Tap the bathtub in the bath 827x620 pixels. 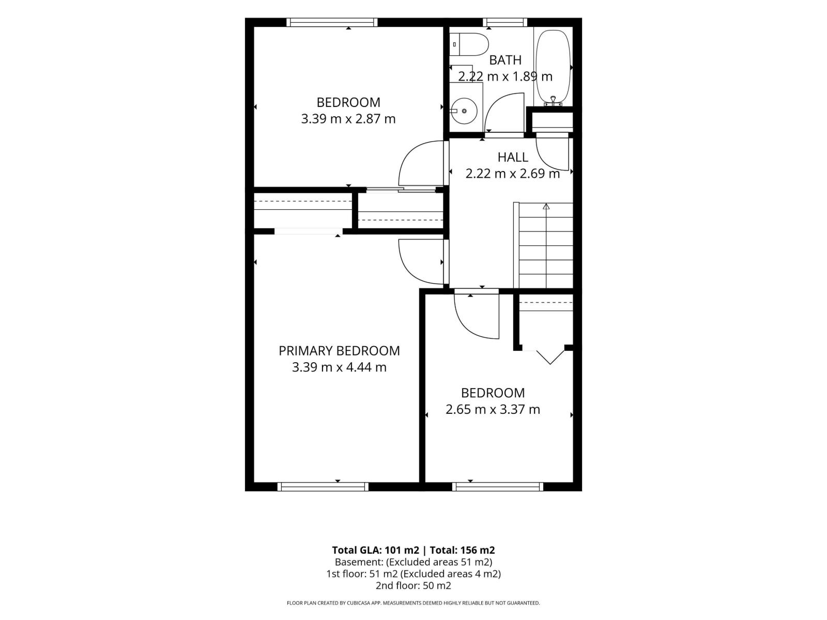click(553, 67)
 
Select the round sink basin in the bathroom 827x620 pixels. click(465, 111)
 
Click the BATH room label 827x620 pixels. click(505, 60)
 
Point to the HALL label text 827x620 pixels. click(512, 158)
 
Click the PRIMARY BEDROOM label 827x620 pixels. click(339, 351)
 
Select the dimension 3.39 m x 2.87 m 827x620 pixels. click(348, 119)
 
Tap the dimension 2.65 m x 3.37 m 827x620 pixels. click(493, 409)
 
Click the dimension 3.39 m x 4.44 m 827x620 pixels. click(339, 367)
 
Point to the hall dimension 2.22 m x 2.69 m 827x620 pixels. click(512, 174)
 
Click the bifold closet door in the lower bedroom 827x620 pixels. click(550, 357)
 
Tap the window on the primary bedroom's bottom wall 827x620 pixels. click(323, 487)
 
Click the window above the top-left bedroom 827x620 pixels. click(332, 22)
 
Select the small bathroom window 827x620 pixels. click(505, 22)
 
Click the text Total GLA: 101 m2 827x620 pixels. click(375, 550)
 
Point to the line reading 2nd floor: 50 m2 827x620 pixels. click(413, 586)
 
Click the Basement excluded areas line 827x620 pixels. click(413, 562)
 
